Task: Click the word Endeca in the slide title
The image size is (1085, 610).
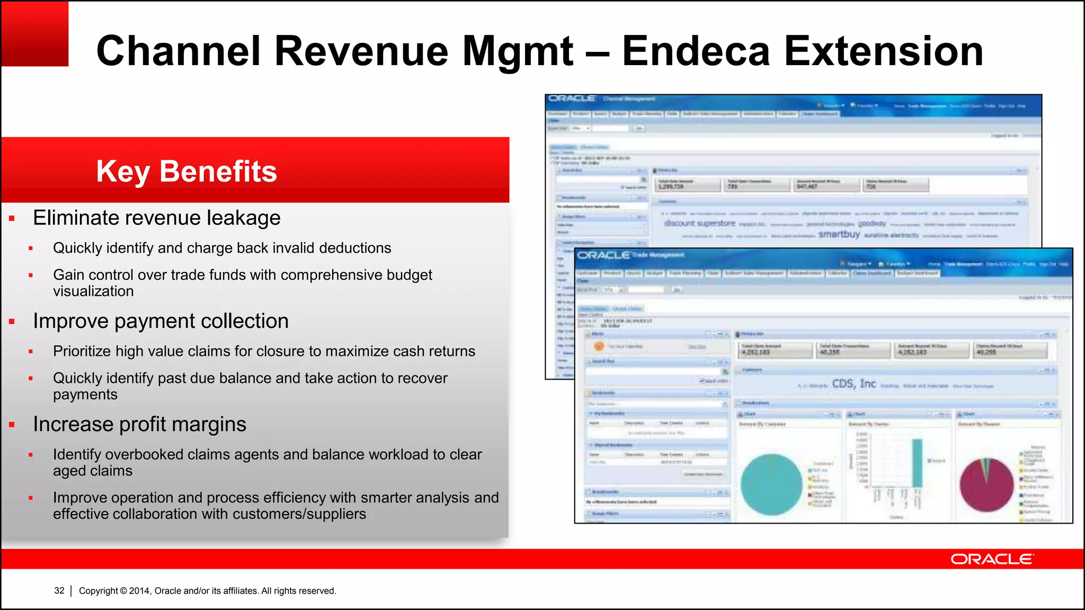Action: point(696,51)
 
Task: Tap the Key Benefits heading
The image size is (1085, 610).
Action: point(186,171)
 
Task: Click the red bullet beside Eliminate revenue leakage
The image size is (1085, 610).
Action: point(12,218)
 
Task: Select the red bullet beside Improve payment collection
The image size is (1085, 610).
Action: point(12,321)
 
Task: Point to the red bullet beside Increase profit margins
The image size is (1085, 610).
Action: point(12,425)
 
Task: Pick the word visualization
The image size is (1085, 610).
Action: point(93,291)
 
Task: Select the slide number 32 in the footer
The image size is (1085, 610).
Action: point(59,590)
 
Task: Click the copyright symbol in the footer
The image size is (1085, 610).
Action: point(123,590)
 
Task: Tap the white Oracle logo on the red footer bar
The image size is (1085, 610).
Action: point(992,559)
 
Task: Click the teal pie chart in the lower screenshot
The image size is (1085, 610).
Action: point(771,484)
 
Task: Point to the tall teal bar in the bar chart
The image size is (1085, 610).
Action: point(917,463)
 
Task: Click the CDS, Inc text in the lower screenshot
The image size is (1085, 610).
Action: point(854,383)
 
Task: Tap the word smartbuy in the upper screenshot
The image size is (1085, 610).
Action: point(839,234)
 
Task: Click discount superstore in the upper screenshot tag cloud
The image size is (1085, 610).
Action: point(699,223)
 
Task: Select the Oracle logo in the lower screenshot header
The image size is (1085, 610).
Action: point(603,255)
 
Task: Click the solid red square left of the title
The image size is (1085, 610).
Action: point(35,34)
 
